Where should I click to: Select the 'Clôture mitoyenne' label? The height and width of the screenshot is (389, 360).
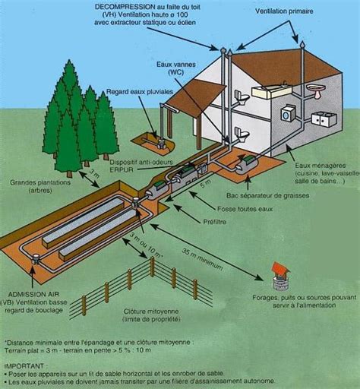[x=151, y=312]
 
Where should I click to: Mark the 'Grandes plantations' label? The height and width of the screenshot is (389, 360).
[x=36, y=182]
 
